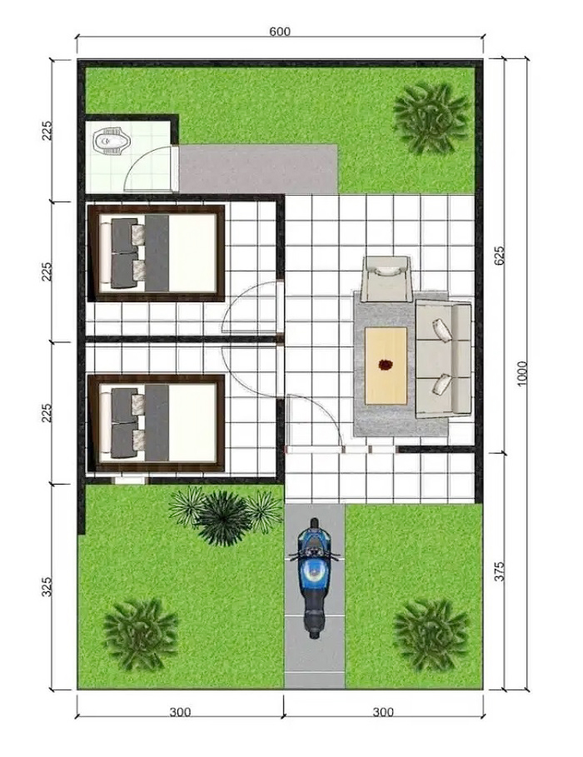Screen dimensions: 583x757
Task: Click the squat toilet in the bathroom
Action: click(x=112, y=141)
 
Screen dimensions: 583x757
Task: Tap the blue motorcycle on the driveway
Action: click(x=314, y=578)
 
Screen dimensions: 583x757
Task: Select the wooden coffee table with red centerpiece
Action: click(x=386, y=366)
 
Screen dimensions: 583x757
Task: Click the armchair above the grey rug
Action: click(x=386, y=278)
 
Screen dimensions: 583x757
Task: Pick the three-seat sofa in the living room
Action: click(x=443, y=359)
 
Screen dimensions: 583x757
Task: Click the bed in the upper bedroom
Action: click(x=156, y=253)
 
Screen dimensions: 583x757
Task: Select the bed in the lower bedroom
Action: click(x=156, y=423)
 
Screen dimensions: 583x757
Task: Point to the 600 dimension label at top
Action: click(x=280, y=32)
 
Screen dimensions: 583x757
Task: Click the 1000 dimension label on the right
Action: click(x=521, y=374)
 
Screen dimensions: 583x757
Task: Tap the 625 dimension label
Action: click(x=500, y=255)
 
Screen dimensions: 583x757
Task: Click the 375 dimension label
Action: click(x=500, y=570)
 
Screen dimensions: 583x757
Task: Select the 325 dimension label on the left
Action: click(x=47, y=586)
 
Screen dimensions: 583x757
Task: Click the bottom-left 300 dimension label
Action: click(x=180, y=712)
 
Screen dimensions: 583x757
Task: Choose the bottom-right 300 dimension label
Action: click(x=383, y=712)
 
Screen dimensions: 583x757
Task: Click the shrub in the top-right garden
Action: click(x=431, y=118)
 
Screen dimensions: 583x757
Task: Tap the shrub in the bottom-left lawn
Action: click(x=140, y=634)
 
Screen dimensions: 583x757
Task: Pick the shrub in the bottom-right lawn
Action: click(x=431, y=635)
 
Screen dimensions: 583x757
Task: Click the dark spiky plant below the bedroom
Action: click(x=224, y=517)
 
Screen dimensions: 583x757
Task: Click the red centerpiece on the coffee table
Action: click(x=385, y=365)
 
